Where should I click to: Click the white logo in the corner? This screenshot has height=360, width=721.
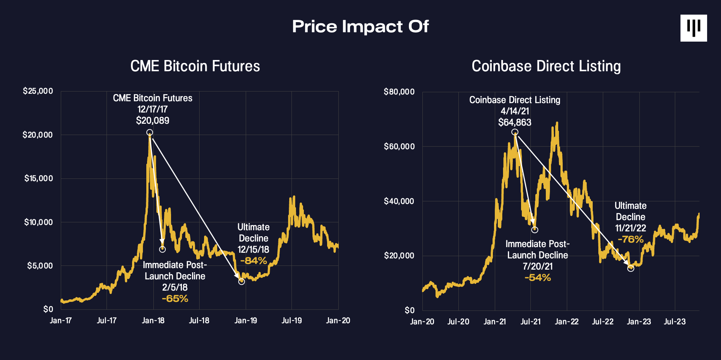(693, 28)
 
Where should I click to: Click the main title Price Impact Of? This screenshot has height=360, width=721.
(360, 27)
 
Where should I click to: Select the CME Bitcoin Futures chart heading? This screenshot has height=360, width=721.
(195, 66)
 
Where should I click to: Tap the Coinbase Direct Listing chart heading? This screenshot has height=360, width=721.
(546, 66)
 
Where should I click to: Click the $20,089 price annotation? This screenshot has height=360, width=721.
(152, 120)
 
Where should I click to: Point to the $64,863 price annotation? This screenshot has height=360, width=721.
(515, 122)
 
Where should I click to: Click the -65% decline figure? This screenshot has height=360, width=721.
(175, 298)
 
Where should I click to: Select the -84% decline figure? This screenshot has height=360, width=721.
(253, 261)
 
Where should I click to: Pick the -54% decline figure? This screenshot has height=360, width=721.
(538, 277)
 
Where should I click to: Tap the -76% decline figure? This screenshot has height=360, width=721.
(630, 239)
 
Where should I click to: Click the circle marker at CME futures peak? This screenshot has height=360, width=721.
(149, 132)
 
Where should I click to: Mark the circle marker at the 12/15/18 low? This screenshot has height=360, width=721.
(242, 282)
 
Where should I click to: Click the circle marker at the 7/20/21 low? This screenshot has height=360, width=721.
(535, 229)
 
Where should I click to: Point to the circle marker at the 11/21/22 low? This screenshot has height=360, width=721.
(631, 268)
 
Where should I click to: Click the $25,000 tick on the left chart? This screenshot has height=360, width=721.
(38, 91)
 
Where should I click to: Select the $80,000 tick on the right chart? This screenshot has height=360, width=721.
(399, 91)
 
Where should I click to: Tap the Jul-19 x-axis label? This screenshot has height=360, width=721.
(291, 321)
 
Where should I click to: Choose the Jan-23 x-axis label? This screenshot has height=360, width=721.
(639, 322)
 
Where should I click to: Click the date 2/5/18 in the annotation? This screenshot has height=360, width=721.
(175, 287)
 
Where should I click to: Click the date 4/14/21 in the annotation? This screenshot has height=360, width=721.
(515, 111)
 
